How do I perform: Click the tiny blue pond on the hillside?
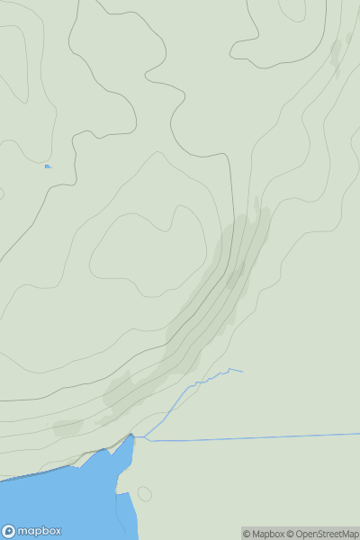[47, 166]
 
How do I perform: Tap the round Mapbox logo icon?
[9, 531]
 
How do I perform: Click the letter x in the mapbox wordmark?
[55, 531]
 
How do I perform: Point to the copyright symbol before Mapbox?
[247, 534]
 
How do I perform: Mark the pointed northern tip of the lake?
[131, 435]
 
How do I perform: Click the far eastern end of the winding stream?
[242, 371]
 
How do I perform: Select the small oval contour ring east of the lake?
[144, 493]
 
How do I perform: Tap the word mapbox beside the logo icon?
[40, 531]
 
